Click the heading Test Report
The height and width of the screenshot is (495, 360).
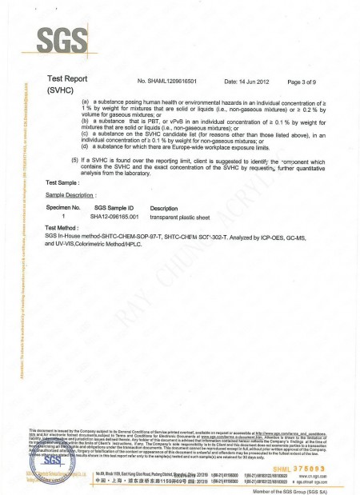[x=68, y=79]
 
